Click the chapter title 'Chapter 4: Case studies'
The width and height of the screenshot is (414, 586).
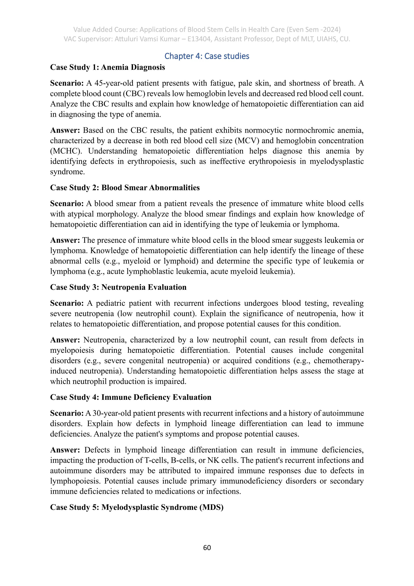click(207, 56)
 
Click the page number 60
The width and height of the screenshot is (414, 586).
click(207, 548)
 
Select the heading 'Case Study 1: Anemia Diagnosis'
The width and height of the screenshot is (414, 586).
click(107, 67)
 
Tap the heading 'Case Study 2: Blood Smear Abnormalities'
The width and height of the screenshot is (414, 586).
click(125, 188)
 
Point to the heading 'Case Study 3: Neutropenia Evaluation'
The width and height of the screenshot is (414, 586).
click(118, 287)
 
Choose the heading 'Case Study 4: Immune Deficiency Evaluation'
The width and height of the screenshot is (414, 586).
click(131, 397)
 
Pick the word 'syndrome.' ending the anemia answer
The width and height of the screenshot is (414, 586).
click(67, 172)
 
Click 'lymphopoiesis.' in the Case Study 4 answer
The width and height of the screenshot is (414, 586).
click(75, 481)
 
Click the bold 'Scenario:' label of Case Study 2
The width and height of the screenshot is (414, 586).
click(67, 204)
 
